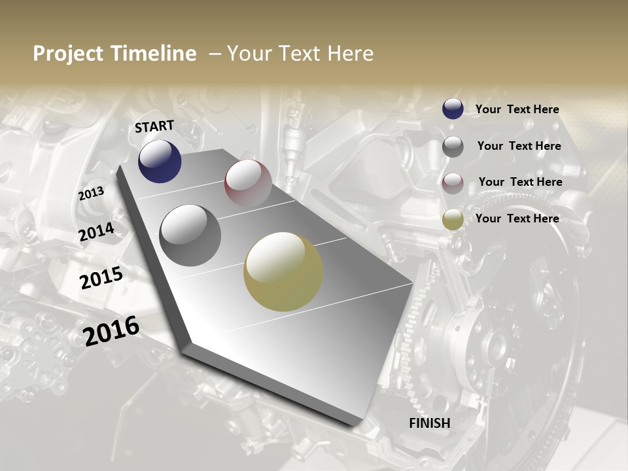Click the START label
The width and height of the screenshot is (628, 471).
[x=154, y=126]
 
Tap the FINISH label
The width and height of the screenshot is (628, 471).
[x=429, y=423]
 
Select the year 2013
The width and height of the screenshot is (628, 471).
[x=92, y=194]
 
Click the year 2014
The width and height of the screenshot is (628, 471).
[x=97, y=232]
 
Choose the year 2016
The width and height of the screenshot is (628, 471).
[x=112, y=331]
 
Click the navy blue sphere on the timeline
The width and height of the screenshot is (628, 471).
[x=160, y=162]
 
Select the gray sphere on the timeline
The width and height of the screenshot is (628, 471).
[x=190, y=235]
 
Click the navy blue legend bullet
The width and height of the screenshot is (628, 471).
[x=453, y=109]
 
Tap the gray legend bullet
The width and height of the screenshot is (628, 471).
[x=453, y=147]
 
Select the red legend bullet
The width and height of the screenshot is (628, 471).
[x=453, y=183]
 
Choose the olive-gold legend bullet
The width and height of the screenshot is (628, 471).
[x=453, y=219]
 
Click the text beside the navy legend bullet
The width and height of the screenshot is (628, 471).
[x=517, y=109]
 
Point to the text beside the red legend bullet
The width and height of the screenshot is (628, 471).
[x=520, y=182]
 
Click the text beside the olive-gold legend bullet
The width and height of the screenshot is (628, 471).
[x=517, y=218]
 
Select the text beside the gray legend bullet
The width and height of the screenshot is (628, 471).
[x=519, y=146]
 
